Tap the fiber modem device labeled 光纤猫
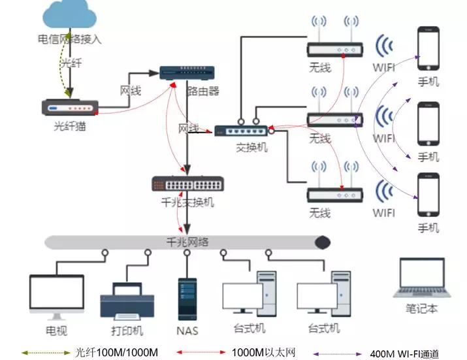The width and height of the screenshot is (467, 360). (70, 107)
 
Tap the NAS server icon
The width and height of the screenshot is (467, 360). (187, 299)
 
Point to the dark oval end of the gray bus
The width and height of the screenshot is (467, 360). (322, 242)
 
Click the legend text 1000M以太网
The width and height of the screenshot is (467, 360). (261, 352)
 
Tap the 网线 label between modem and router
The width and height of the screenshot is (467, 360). (130, 91)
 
